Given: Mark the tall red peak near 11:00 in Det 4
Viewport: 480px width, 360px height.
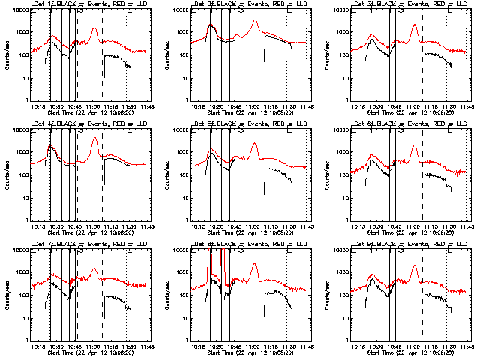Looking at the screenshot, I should [94, 138].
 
